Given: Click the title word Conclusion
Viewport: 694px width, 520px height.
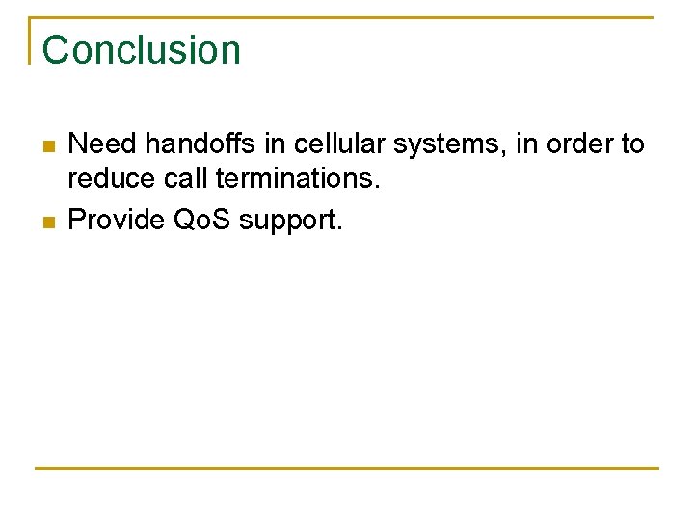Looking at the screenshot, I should (x=141, y=50).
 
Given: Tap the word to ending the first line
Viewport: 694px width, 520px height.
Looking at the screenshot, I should (x=632, y=144).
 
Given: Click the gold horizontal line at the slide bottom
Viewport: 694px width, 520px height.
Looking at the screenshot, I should (x=347, y=468).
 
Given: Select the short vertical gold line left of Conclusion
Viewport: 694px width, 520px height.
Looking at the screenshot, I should (x=30, y=40).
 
